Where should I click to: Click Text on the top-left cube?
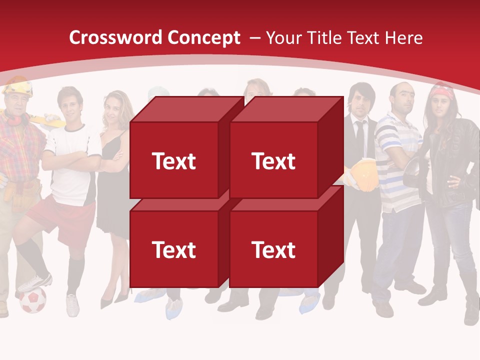coord(173,161)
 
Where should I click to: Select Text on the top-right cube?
coord(273,161)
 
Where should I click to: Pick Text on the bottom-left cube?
coord(173,250)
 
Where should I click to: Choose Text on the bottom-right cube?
coord(273,250)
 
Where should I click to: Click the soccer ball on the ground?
coord(32,300)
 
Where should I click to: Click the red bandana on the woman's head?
coord(442,92)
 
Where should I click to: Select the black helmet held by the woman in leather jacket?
coord(414,172)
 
